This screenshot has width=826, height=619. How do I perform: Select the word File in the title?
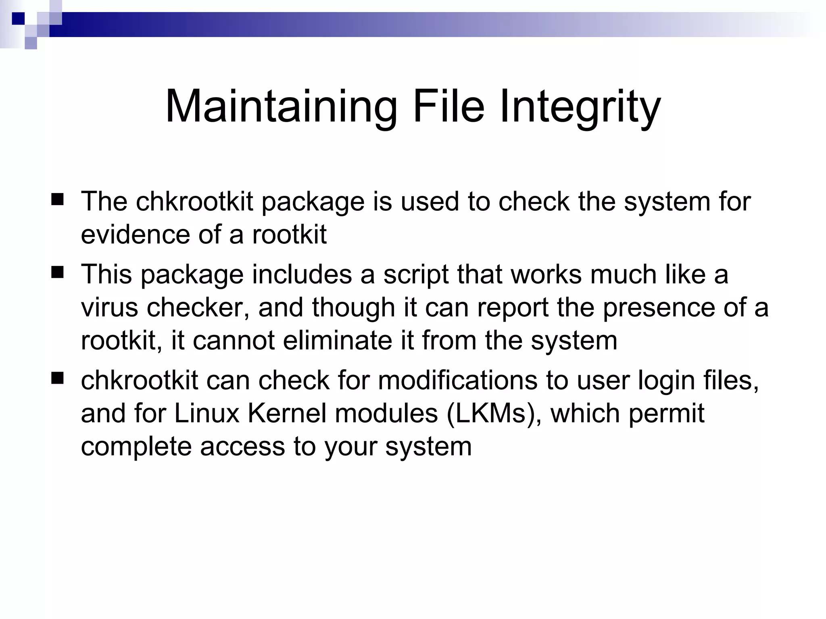pyautogui.click(x=448, y=106)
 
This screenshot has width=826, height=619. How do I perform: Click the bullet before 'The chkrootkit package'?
pyautogui.click(x=58, y=199)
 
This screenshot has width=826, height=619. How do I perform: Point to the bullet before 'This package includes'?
pyautogui.click(x=58, y=272)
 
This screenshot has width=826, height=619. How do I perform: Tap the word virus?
pyautogui.click(x=109, y=307)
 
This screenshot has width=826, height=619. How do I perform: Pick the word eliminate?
pyautogui.click(x=337, y=341)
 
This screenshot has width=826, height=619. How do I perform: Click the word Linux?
pyautogui.click(x=207, y=413)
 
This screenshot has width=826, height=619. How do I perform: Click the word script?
pyautogui.click(x=416, y=275)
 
